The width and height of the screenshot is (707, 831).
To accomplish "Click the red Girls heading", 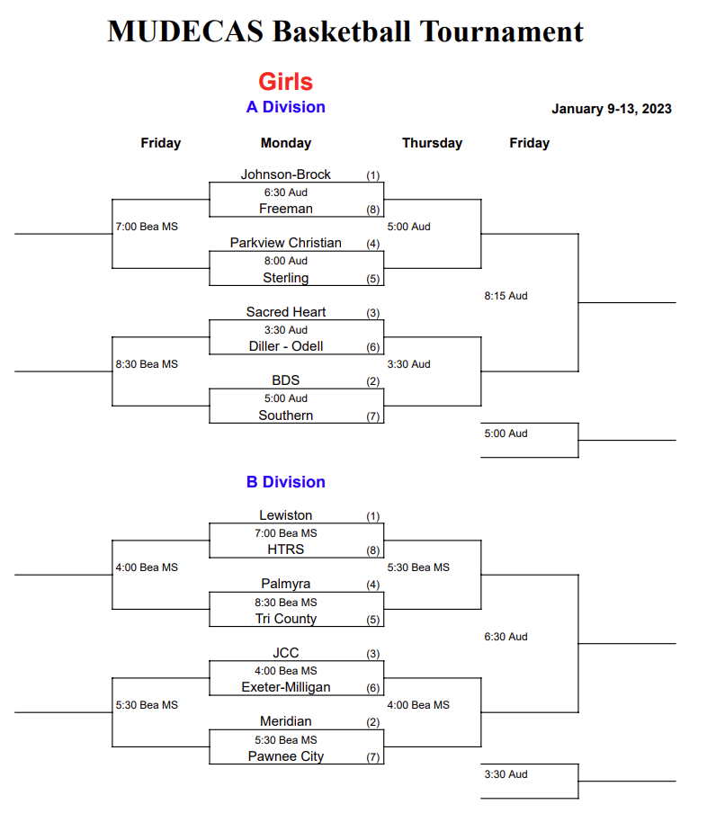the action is pyautogui.click(x=286, y=82).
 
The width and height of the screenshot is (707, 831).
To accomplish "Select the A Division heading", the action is pyautogui.click(x=286, y=107).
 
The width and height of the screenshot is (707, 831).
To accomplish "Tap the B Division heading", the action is pyautogui.click(x=286, y=482).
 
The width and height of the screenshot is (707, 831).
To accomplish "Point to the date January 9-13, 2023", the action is pyautogui.click(x=612, y=109).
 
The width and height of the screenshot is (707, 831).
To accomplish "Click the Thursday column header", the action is pyautogui.click(x=432, y=143).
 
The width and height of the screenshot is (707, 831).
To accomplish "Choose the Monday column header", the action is pyautogui.click(x=286, y=143).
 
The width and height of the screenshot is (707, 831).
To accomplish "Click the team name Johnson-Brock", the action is pyautogui.click(x=286, y=174).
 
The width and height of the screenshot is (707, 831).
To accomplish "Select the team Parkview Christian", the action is pyautogui.click(x=286, y=243).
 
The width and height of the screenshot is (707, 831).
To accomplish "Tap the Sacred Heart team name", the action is pyautogui.click(x=286, y=311).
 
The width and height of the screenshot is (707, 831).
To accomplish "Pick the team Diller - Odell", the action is pyautogui.click(x=286, y=346).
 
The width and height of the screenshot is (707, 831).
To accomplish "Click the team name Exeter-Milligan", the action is pyautogui.click(x=286, y=687).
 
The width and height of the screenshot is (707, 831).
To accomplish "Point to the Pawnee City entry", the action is pyautogui.click(x=286, y=756).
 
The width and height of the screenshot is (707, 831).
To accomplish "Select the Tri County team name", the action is pyautogui.click(x=286, y=619).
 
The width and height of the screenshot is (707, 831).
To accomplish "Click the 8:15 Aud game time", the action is pyautogui.click(x=506, y=296).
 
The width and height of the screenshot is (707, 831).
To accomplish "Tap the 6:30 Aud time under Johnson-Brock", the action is pyautogui.click(x=286, y=192).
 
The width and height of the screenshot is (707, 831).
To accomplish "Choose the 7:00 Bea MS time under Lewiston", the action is pyautogui.click(x=286, y=533).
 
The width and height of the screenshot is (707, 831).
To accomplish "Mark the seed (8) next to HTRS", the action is pyautogui.click(x=373, y=550).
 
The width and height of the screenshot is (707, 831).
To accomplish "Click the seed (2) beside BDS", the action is pyautogui.click(x=373, y=381).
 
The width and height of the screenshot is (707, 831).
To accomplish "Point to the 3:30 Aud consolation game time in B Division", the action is pyautogui.click(x=506, y=774).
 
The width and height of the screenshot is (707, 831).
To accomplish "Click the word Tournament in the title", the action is pyautogui.click(x=501, y=31).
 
